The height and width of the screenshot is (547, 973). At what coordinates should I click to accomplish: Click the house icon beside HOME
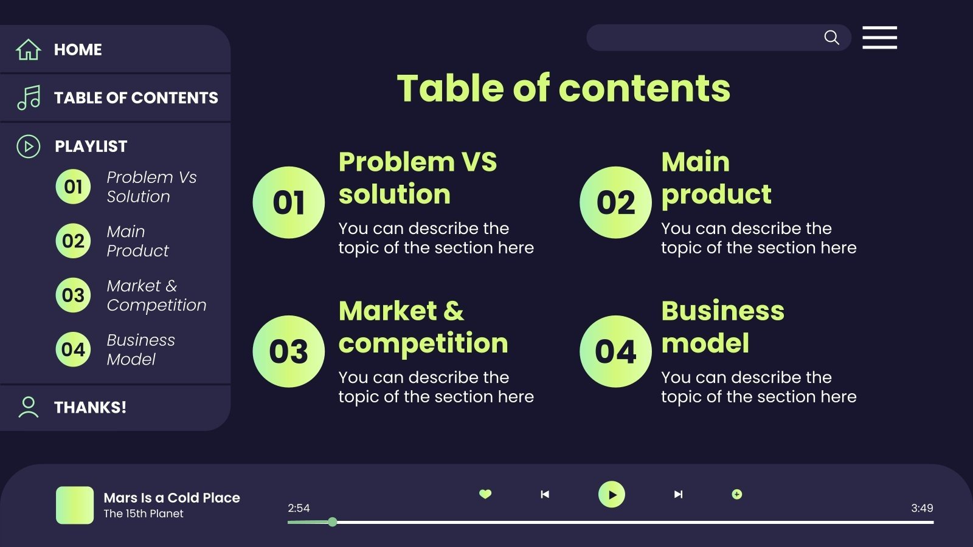click(x=28, y=49)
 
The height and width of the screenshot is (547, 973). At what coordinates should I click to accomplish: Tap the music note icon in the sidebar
click(x=29, y=97)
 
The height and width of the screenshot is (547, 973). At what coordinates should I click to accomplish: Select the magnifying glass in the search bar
click(x=831, y=38)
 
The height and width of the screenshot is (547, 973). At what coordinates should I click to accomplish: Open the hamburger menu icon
click(x=879, y=38)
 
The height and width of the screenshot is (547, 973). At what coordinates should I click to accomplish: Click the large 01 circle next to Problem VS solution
click(x=288, y=202)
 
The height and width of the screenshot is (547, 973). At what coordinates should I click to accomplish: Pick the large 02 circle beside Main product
click(x=615, y=202)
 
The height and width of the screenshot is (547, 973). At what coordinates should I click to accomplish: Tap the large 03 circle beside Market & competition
click(x=288, y=351)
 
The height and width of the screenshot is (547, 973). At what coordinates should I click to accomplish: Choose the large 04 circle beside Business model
click(x=615, y=351)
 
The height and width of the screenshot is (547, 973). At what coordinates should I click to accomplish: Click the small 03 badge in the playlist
click(x=73, y=295)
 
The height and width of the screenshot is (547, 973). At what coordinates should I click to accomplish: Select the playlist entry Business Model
click(x=140, y=349)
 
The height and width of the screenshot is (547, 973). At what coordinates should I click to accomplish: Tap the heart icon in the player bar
click(x=485, y=494)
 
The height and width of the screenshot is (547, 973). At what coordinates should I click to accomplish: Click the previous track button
click(x=545, y=494)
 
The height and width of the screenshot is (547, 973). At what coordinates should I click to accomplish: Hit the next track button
click(x=678, y=494)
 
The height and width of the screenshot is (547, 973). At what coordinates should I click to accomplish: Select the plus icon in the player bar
click(x=736, y=494)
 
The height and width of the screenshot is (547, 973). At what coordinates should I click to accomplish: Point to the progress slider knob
click(x=333, y=521)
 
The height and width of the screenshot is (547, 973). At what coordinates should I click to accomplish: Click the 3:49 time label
click(x=921, y=508)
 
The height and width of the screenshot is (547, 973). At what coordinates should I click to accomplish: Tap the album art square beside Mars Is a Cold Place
click(x=75, y=505)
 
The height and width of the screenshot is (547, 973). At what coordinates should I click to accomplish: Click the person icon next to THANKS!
click(x=28, y=407)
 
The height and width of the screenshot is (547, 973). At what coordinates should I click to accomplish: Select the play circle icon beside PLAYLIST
click(x=29, y=146)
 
